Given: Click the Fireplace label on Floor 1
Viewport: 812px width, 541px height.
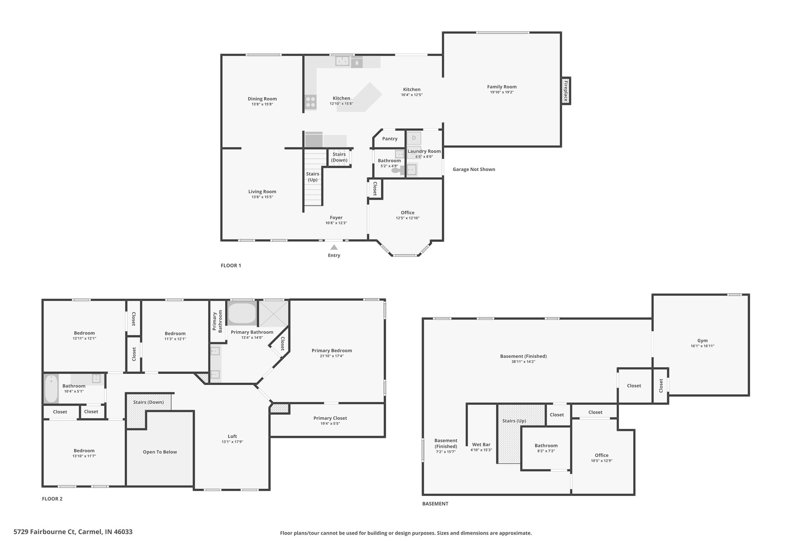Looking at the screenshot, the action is pos(566,91).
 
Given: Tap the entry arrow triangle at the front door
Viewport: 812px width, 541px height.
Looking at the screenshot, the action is pos(334,247).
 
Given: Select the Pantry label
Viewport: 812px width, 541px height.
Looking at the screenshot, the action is pos(390,139).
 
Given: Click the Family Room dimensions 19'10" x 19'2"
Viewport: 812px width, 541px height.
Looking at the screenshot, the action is pos(502,92).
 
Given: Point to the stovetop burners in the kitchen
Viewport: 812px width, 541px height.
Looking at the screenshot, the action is pos(310,102).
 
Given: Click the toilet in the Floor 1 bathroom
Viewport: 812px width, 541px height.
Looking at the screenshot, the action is pos(397,170).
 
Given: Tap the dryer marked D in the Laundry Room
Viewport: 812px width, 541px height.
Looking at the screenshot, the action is pos(414,138).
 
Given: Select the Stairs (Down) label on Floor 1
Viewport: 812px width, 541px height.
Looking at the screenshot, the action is pos(339,157).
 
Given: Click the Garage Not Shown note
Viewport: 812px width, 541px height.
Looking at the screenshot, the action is pos(474,169).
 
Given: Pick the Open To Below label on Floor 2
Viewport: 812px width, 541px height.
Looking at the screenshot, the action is pos(160,452).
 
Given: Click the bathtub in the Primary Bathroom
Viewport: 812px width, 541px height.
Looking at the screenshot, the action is pos(242,314).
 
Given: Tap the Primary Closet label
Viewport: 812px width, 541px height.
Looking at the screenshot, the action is pos(330,418).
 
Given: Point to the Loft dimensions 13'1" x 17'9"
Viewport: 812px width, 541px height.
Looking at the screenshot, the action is pos(232,442).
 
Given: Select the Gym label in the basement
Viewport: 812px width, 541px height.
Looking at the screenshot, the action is pos(702,340).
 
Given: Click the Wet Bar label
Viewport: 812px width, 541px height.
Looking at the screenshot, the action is pos(481,445).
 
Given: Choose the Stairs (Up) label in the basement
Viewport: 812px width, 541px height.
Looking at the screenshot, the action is pos(514,421).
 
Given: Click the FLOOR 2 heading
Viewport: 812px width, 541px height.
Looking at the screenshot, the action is pos(52,499).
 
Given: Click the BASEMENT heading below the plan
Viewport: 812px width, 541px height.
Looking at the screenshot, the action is pos(435,504).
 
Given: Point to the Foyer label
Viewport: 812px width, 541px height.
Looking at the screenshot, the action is pos(336,218).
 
